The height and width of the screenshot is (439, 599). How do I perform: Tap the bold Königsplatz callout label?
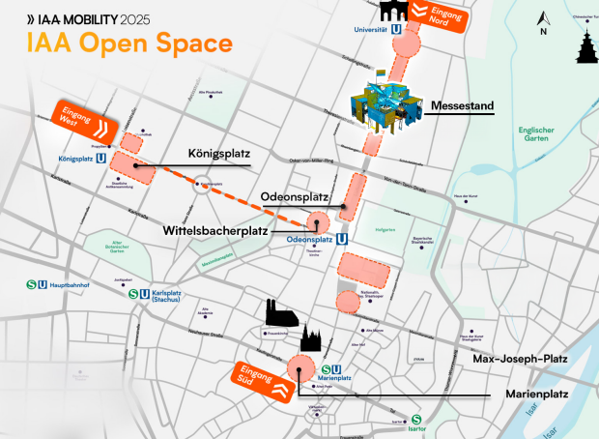pyautogui.click(x=218, y=154)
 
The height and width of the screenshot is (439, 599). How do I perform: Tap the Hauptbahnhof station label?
pyautogui.click(x=61, y=286)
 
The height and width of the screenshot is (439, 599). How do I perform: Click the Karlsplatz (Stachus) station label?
pyautogui.click(x=168, y=296)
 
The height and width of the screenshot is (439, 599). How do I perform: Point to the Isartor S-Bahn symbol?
pyautogui.click(x=416, y=420)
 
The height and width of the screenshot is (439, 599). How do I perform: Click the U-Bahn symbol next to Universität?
pyautogui.click(x=397, y=30)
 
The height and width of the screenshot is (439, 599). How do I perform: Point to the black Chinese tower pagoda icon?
pyautogui.click(x=580, y=44)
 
